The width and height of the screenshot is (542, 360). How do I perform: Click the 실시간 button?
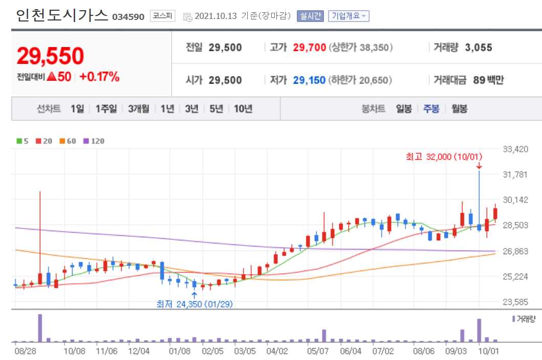click(310, 16)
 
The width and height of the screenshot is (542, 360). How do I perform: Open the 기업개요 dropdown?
click(348, 16)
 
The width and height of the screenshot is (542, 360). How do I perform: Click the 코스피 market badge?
click(162, 16)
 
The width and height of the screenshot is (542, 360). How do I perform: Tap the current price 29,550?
click(50, 56)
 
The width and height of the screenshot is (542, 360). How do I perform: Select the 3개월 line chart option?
click(139, 108)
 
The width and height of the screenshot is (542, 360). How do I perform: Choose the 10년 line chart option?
click(243, 108)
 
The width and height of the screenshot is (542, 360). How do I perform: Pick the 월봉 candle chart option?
click(459, 108)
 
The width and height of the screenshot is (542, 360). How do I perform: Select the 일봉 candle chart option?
click(404, 108)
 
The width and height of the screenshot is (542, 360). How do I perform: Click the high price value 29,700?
click(309, 48)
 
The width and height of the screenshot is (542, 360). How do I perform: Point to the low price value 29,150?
click(309, 80)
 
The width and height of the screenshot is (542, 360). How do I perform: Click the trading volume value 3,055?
click(479, 48)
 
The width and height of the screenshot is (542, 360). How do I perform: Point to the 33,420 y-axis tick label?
click(515, 149)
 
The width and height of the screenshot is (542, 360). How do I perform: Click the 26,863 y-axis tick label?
click(515, 251)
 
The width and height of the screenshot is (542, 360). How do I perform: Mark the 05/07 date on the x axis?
click(318, 351)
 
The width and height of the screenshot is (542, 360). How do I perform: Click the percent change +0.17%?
click(99, 77)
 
